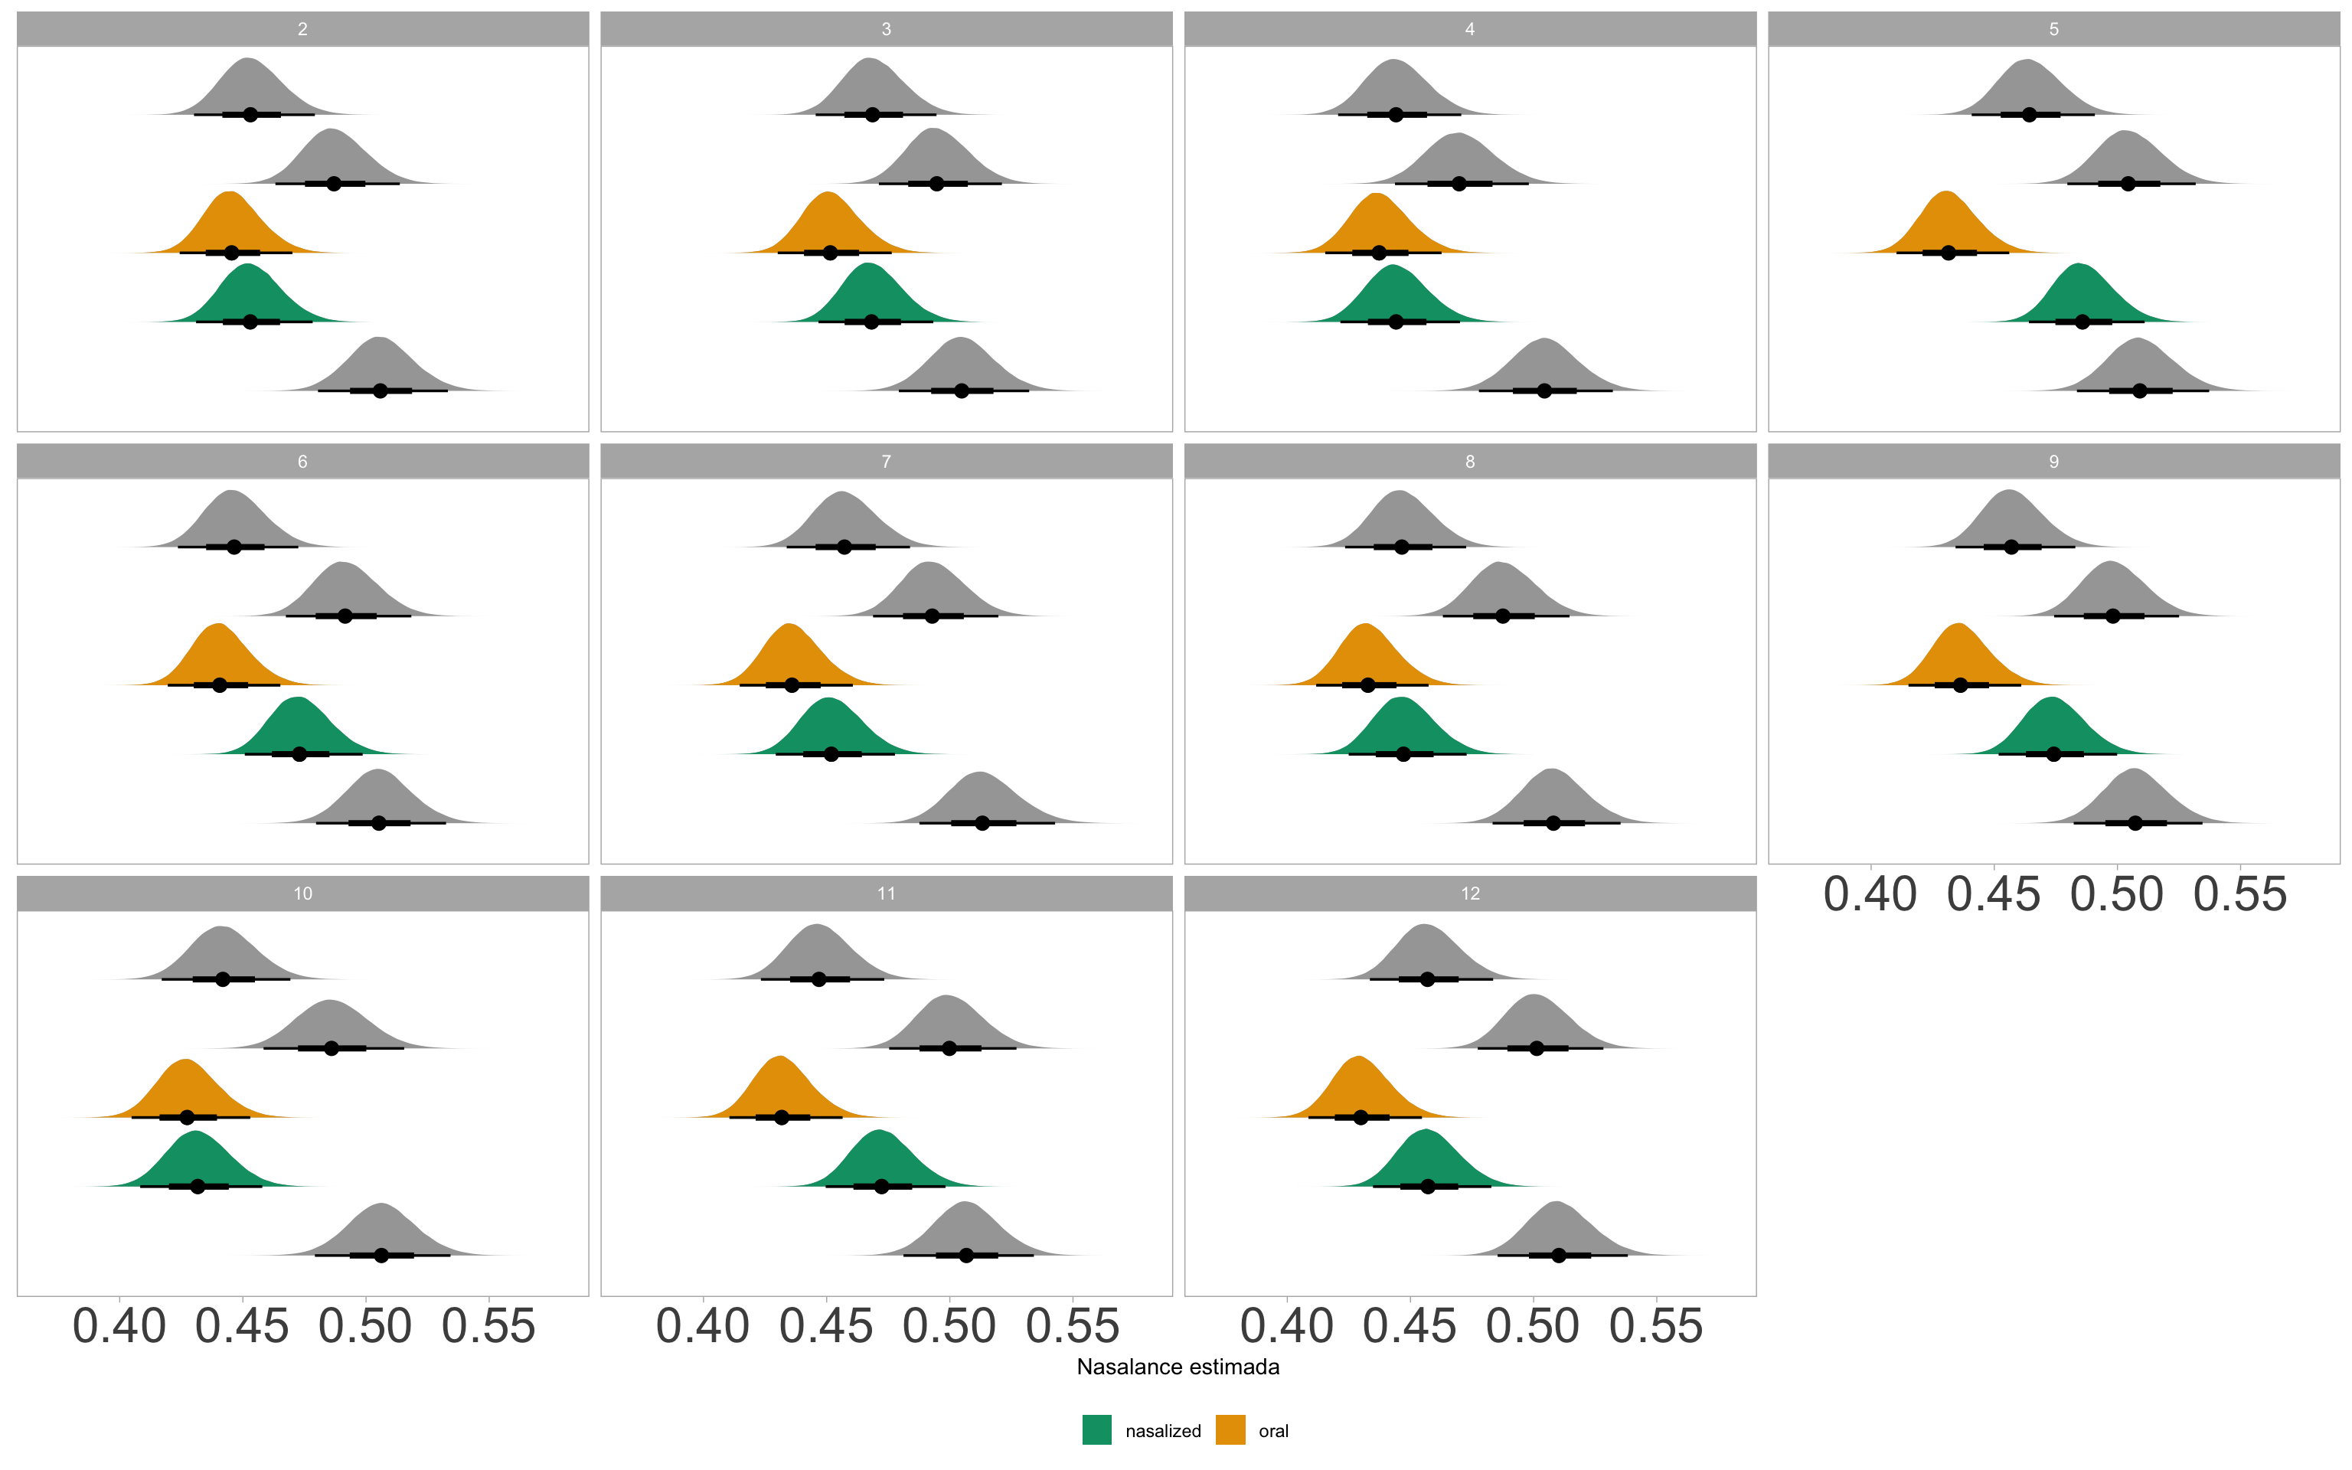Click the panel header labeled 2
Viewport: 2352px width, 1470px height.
tap(302, 29)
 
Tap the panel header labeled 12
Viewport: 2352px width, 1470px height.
tap(1469, 893)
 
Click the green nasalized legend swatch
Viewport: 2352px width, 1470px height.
tap(1096, 1430)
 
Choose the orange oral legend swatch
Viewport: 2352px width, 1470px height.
tap(1230, 1430)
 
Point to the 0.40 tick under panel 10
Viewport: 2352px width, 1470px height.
tap(119, 1327)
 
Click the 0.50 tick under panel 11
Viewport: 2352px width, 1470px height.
tap(949, 1327)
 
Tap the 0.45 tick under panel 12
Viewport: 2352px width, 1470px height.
tap(1410, 1327)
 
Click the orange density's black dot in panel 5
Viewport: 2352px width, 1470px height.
tap(1948, 253)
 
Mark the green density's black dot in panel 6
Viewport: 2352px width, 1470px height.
tap(299, 754)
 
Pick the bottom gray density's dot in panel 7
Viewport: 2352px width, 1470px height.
tap(982, 824)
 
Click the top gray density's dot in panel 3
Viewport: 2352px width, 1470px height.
tap(872, 115)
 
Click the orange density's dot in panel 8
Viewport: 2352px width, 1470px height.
tap(1367, 685)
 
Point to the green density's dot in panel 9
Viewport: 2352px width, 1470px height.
tap(2053, 754)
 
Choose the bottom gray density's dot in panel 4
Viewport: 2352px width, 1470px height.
tap(1544, 390)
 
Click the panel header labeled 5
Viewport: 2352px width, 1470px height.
tap(2053, 29)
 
